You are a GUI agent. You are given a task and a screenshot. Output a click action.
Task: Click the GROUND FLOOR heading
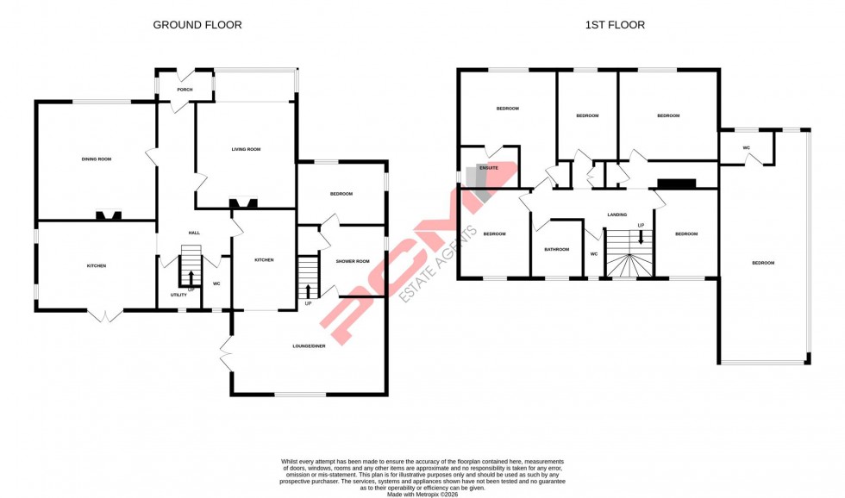197,25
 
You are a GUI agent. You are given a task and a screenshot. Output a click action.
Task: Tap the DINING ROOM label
96,159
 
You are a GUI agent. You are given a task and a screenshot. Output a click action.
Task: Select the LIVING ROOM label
246,150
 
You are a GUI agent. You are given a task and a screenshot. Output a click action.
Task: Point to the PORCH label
184,90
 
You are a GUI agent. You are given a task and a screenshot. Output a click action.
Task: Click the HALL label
195,233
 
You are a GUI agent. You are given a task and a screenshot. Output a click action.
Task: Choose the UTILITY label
178,295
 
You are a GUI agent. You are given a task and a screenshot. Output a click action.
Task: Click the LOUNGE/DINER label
308,346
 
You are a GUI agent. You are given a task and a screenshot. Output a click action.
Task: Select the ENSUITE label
490,168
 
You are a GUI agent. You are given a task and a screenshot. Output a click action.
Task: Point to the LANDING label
617,215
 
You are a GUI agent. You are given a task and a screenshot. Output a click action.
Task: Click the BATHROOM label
556,250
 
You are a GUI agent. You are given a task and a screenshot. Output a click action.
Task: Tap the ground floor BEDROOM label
341,194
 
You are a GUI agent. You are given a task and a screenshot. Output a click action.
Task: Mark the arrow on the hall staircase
191,277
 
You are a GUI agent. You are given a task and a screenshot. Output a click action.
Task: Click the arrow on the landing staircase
641,236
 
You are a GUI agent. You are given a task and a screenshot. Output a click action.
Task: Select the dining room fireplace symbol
108,215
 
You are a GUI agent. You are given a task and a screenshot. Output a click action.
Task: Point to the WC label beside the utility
216,283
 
